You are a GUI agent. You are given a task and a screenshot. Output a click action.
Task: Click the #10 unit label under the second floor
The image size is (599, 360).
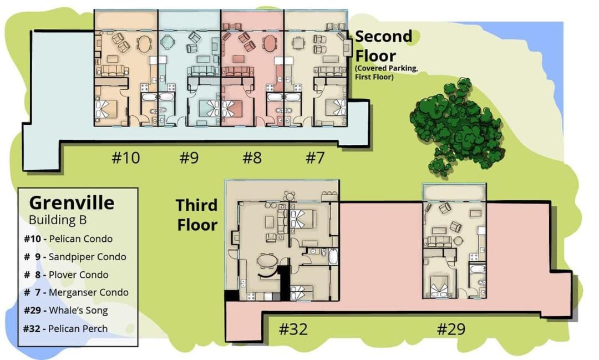tap(126, 158)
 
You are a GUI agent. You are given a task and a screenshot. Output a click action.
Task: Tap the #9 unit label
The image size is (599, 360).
tap(189, 158)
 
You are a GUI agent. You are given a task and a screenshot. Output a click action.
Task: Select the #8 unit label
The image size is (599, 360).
tap(252, 158)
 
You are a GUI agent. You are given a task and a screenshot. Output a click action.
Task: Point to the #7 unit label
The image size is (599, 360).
tap(315, 158)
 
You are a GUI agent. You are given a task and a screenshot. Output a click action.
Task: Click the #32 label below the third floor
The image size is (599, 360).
tap(293, 329)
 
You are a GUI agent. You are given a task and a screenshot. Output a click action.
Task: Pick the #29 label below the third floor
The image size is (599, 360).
tap(451, 329)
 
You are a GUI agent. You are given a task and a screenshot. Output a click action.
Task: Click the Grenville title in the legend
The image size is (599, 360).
tap(72, 202)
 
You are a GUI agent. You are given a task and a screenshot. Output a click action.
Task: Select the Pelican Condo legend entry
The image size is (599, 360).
tap(68, 239)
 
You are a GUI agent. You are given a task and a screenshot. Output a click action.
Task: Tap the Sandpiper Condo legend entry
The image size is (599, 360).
tap(75, 257)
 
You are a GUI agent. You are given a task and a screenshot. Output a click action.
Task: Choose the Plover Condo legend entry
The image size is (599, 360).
tap(66, 275)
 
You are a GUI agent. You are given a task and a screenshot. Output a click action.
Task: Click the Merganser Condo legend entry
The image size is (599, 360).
tap(76, 292)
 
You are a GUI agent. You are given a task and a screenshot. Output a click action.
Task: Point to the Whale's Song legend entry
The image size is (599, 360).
tap(65, 310)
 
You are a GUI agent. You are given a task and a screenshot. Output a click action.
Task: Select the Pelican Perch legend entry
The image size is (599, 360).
tap(65, 329)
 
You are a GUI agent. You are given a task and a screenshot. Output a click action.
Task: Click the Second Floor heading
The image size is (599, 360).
tap(384, 46)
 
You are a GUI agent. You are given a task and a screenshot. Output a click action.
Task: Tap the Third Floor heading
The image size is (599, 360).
tap(197, 215)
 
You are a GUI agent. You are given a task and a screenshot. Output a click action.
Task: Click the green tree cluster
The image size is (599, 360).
tap(457, 126)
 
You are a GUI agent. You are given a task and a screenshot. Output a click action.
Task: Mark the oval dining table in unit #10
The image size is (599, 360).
tap(144, 44)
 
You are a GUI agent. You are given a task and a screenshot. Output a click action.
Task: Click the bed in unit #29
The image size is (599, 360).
tap(441, 286)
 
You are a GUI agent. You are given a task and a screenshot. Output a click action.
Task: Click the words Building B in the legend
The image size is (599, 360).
tap(58, 220)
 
